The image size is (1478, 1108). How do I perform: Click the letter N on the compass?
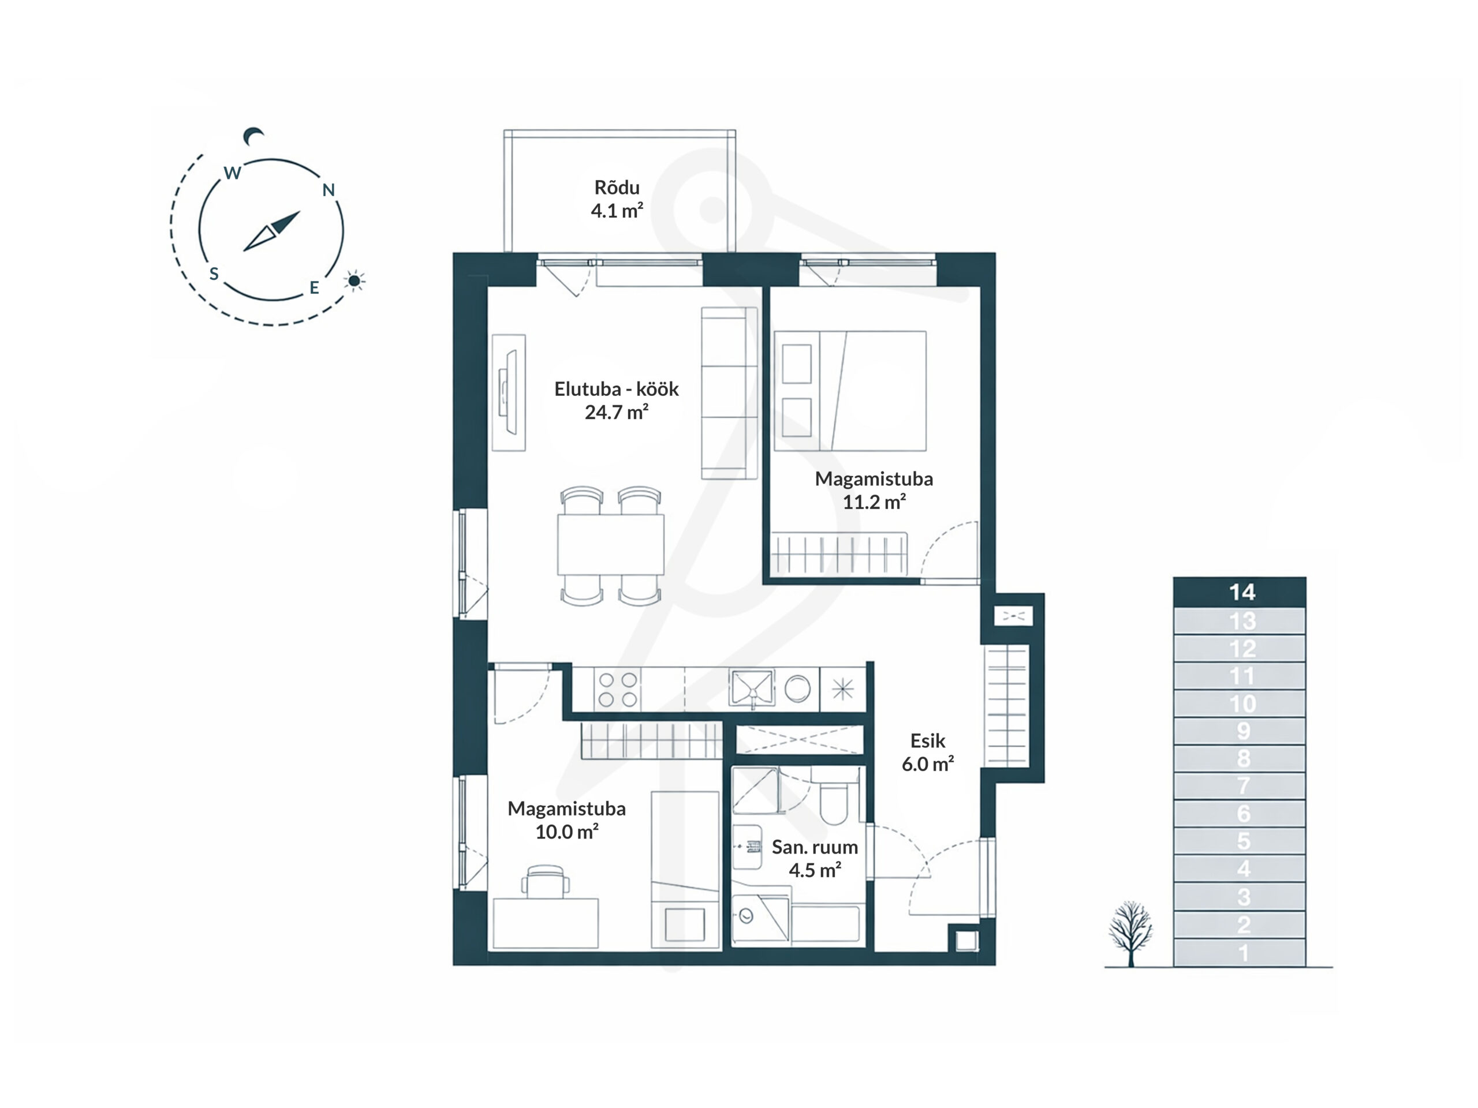point(328,190)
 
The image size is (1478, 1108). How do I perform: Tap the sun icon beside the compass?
point(355,280)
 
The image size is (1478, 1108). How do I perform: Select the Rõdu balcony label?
point(617,187)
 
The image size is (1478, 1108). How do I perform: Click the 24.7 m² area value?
point(617,412)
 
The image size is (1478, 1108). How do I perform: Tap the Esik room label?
point(927,740)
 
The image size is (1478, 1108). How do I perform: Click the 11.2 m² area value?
point(874,501)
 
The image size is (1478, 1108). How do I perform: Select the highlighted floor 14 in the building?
point(1240,592)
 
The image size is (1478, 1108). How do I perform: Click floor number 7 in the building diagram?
point(1243,785)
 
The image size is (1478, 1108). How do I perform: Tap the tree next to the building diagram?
point(1130,933)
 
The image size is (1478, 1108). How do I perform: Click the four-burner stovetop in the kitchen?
point(617,689)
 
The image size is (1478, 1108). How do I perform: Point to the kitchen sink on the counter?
point(752,688)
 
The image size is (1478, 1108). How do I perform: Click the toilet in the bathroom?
point(833,798)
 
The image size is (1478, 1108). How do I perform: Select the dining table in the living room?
point(611,544)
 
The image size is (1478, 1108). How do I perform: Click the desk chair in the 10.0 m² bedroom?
point(545,881)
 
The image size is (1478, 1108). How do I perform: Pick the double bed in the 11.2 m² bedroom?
point(850,391)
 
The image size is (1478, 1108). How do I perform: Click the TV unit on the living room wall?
point(509,393)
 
